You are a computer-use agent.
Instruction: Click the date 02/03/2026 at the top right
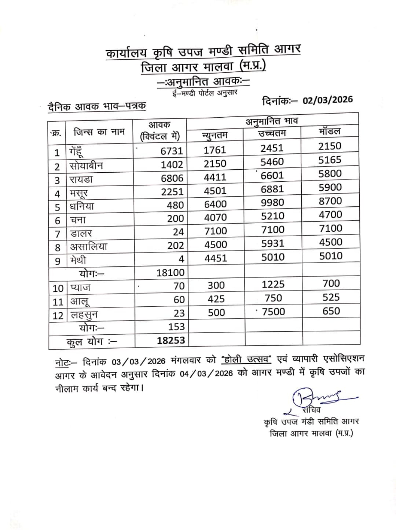327,100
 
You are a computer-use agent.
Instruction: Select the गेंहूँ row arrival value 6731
172,151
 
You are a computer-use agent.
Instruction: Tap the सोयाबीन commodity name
87,166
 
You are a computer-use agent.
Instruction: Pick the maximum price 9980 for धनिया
272,203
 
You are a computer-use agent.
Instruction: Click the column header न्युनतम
215,136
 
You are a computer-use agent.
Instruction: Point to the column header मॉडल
330,131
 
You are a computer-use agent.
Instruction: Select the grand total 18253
171,340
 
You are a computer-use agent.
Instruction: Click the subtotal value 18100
170,272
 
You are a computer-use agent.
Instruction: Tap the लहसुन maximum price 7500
273,312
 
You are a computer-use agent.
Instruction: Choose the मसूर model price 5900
330,187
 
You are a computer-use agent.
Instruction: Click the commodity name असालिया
89,247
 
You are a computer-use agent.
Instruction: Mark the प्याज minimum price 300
216,285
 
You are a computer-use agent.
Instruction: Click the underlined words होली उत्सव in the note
246,360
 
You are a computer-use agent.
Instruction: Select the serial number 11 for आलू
58,302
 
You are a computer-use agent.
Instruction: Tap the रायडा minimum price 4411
215,177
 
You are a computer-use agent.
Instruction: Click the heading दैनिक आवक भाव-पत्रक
97,107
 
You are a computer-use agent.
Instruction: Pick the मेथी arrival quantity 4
181,259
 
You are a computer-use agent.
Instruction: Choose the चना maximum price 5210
272,216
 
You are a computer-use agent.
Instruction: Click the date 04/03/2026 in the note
206,373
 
